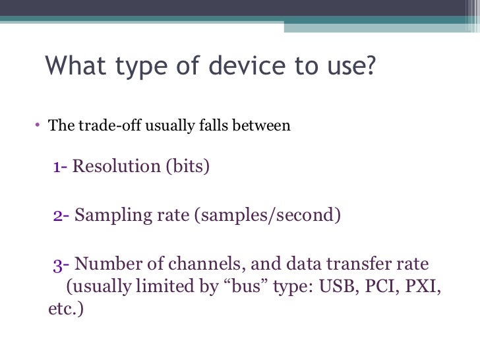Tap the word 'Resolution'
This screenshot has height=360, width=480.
[x=115, y=166]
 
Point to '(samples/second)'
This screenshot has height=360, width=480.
[x=267, y=215]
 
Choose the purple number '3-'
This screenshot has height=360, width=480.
[x=61, y=264]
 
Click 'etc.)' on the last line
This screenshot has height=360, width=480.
[x=66, y=309]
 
